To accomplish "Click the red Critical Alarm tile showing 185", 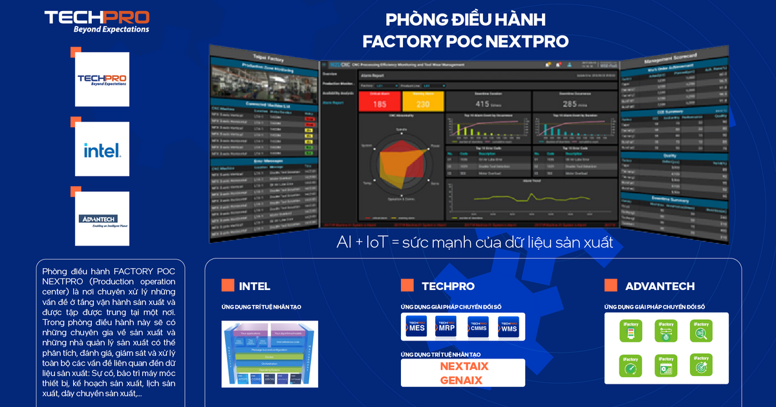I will pyautogui.click(x=380, y=102).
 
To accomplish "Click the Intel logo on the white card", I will pyautogui.click(x=102, y=151).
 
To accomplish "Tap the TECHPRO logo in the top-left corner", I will pyautogui.click(x=97, y=21).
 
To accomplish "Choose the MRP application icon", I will pyautogui.click(x=447, y=326).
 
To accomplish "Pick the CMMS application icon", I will pyautogui.click(x=478, y=326).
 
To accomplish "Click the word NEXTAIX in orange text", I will pyautogui.click(x=463, y=367).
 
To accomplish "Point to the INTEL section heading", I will pyautogui.click(x=255, y=286).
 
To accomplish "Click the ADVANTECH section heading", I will pyautogui.click(x=660, y=286).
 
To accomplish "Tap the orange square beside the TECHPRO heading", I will pyautogui.click(x=407, y=286).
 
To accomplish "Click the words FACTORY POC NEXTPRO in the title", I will pyautogui.click(x=466, y=41).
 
